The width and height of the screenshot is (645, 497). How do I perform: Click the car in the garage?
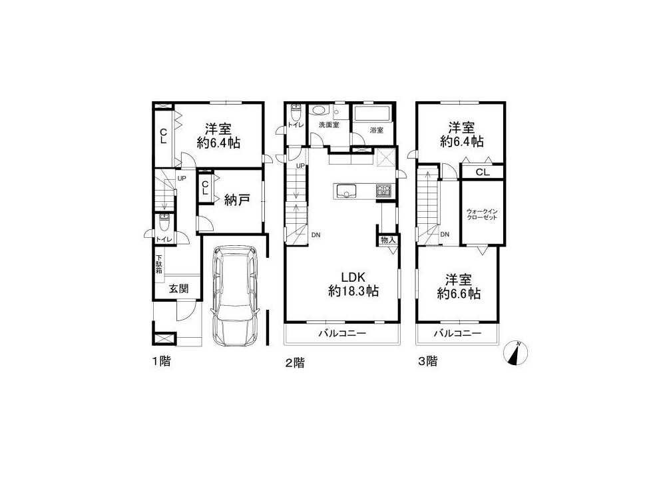point(234,296)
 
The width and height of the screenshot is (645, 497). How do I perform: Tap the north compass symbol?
point(516,353)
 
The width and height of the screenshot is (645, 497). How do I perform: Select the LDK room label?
point(353,276)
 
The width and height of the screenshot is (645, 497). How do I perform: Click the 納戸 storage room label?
point(238,201)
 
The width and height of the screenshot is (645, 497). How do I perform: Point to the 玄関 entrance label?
point(179,288)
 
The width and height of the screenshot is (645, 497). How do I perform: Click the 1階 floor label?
point(161,362)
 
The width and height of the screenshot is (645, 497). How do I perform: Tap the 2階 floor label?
point(295,363)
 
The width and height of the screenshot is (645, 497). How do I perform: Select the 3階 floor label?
point(428,362)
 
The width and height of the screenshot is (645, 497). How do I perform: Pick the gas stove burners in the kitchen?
point(384,191)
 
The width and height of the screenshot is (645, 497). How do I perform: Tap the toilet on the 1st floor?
point(164,224)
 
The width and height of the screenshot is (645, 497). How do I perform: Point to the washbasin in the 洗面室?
point(318,111)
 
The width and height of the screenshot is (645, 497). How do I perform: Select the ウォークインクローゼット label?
point(482,214)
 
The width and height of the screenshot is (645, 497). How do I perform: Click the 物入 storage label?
point(387,240)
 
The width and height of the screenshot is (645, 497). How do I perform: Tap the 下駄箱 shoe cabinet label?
point(159,264)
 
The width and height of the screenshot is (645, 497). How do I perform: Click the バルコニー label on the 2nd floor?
point(342,334)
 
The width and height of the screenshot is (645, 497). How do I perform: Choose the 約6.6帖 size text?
point(458,294)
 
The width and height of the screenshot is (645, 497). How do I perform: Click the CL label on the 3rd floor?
point(483,172)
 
